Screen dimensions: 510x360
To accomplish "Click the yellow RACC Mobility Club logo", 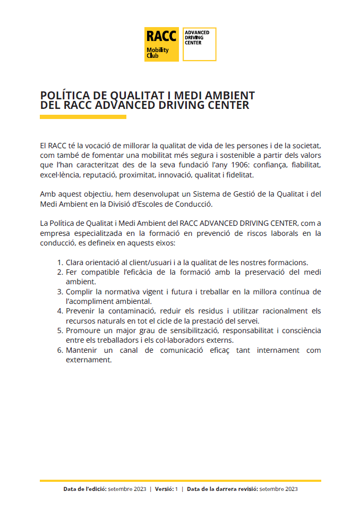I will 161,44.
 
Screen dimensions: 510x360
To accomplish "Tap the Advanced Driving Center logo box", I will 199,44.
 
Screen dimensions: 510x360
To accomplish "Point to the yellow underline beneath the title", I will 83,117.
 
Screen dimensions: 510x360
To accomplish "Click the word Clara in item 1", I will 75,262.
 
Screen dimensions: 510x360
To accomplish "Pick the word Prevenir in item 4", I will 81,311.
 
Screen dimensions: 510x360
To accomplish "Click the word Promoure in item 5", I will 83,330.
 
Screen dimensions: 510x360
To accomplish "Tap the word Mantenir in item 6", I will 82,350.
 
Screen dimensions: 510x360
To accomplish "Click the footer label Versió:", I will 165,489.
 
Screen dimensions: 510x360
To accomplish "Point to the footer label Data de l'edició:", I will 84,489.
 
